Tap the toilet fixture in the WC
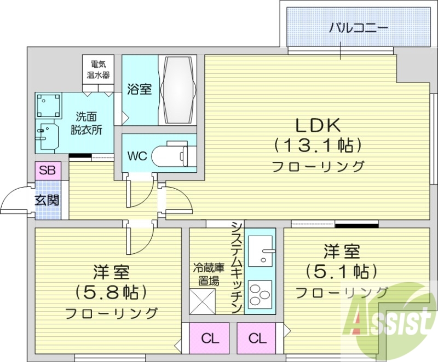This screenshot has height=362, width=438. pos(170,155)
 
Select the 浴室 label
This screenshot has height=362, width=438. pos(140,89)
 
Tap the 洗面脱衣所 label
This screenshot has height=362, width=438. pos(88,124)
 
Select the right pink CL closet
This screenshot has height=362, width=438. pos(257,338)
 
